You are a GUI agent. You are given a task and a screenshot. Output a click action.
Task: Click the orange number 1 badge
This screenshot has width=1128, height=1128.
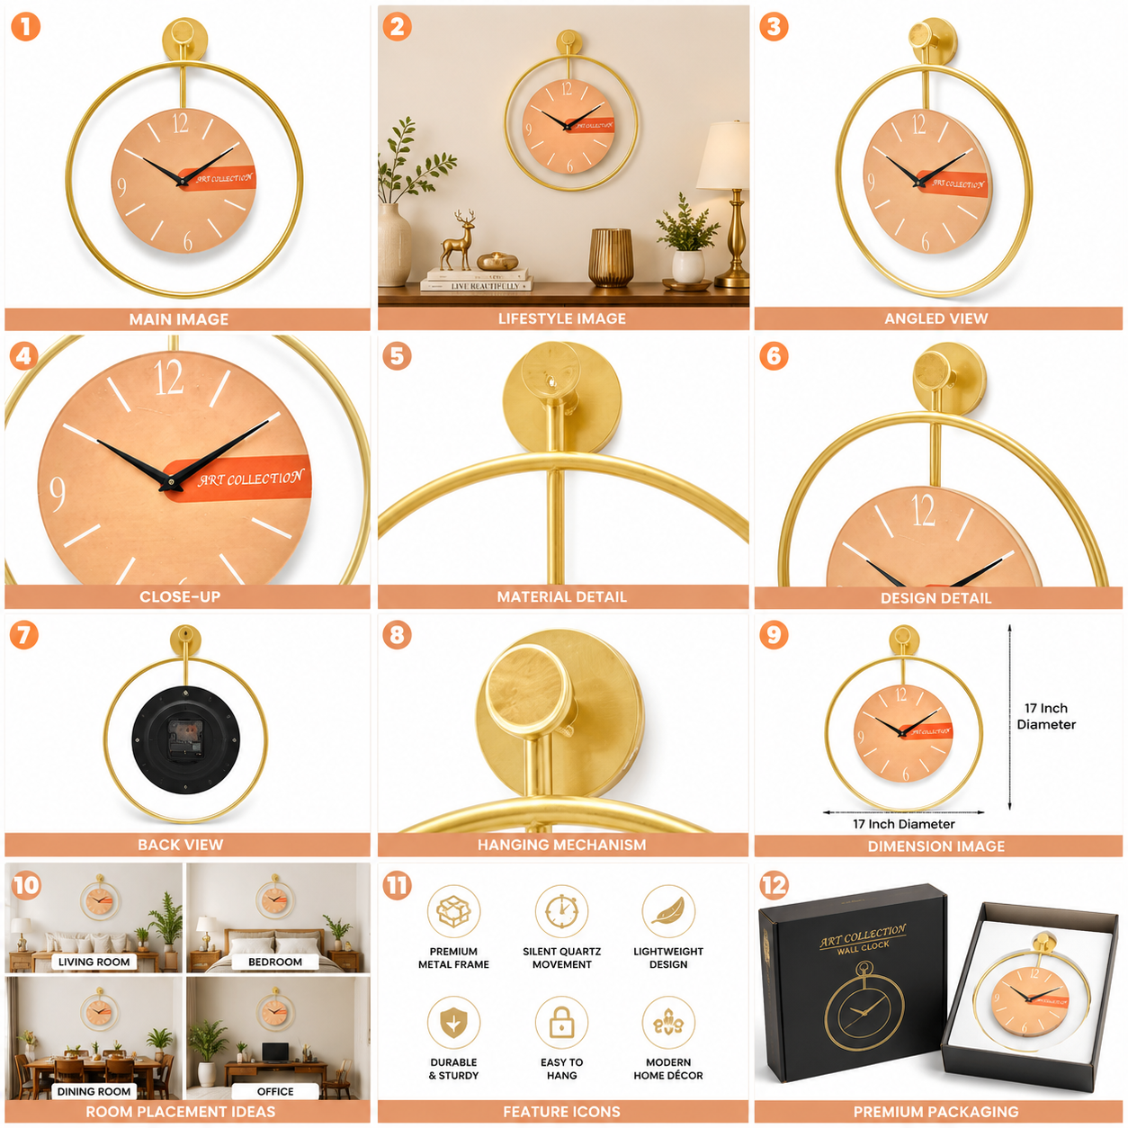(x=26, y=26)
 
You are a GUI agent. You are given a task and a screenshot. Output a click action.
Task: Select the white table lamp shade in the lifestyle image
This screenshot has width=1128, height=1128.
(x=723, y=155)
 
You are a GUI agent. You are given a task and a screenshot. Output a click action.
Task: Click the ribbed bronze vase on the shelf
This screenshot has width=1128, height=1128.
(x=610, y=257)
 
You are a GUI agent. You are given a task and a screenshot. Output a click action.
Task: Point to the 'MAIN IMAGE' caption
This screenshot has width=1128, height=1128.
(x=178, y=319)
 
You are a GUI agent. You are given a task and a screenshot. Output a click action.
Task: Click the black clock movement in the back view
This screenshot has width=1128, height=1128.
(x=185, y=739)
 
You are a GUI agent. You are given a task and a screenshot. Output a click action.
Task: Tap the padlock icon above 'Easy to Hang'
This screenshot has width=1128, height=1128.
(x=561, y=1023)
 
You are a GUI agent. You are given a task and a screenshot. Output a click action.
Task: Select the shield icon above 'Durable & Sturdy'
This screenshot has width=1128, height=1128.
(x=453, y=1023)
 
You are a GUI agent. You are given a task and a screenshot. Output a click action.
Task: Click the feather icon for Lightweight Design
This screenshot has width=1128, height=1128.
(x=668, y=911)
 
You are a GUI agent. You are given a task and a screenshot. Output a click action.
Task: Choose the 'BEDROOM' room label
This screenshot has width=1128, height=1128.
(x=275, y=962)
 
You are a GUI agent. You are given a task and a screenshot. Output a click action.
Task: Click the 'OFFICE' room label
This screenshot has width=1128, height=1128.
(x=275, y=1091)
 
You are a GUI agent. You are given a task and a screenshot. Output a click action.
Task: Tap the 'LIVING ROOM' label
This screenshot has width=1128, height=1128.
(x=94, y=962)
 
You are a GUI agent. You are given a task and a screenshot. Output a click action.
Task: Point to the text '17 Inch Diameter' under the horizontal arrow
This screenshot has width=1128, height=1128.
(x=903, y=824)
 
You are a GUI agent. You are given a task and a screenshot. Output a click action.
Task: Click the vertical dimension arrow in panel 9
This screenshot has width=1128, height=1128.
(x=1009, y=718)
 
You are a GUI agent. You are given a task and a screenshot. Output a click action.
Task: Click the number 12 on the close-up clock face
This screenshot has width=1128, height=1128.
(x=168, y=378)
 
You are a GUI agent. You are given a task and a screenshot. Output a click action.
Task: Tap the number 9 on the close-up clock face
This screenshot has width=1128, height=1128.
(x=57, y=493)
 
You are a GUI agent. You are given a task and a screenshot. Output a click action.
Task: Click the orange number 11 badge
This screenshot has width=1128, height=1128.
(x=397, y=885)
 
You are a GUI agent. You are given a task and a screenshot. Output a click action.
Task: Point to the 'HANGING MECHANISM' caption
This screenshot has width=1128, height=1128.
(x=561, y=845)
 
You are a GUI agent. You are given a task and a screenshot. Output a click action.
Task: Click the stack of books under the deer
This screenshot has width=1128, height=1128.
(x=476, y=281)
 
